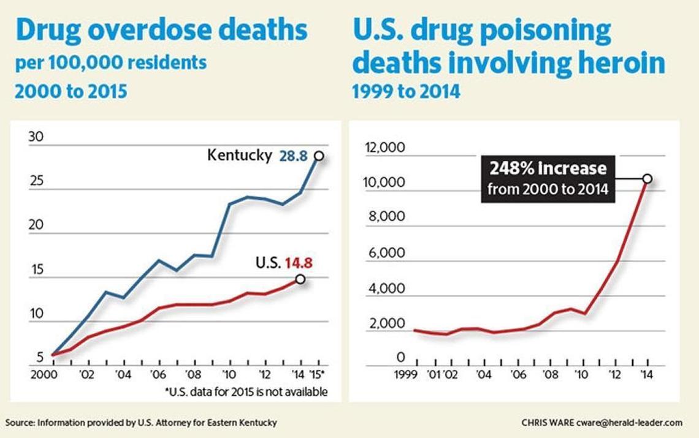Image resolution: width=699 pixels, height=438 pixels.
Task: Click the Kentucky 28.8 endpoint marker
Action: coord(319,156)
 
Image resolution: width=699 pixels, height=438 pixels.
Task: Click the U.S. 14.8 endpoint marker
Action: coord(300,279)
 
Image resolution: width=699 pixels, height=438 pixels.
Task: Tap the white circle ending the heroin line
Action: coord(647,179)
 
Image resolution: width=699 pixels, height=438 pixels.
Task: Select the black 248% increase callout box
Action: coord(548,178)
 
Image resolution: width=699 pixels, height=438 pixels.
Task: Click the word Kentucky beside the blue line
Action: coord(239,155)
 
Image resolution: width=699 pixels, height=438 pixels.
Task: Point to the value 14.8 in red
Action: coord(298,263)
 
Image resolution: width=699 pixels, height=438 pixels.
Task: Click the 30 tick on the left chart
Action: coord(36,137)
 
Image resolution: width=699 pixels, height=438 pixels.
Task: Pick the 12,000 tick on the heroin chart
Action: coord(384,148)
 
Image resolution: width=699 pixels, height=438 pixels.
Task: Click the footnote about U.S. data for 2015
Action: coord(246,391)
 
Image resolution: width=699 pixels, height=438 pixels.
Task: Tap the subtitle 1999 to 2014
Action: coord(405,92)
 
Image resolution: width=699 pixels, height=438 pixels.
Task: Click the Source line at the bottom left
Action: coord(141,423)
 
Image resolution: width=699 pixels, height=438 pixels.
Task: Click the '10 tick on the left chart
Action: coord(229,376)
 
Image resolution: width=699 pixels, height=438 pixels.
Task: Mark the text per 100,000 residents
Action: coord(110,62)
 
